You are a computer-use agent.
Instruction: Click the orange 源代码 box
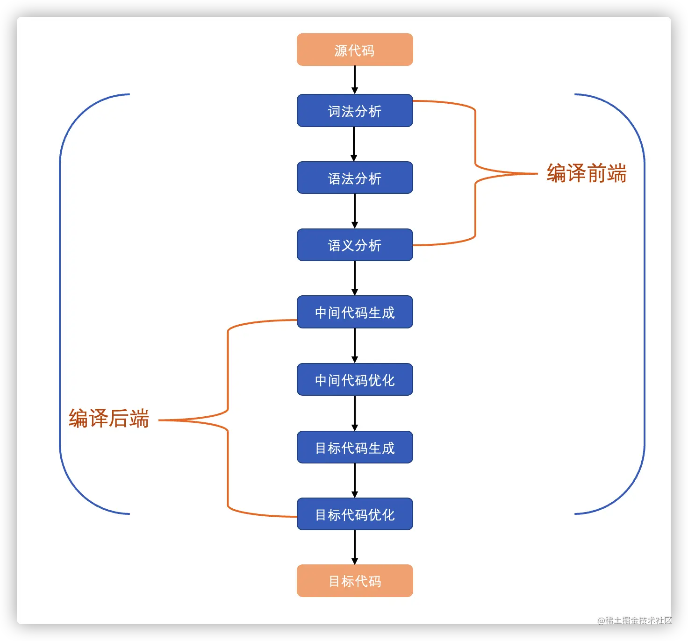coord(355,50)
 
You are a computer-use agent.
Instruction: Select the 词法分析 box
coord(355,111)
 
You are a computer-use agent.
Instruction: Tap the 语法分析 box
coord(355,178)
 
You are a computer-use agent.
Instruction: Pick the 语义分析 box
coord(355,245)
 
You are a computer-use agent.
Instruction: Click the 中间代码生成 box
coord(355,312)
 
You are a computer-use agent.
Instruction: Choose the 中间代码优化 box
coord(355,379)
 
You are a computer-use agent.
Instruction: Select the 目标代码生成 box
coord(355,447)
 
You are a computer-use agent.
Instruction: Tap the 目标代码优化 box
coord(355,514)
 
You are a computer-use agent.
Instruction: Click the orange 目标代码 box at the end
coord(355,581)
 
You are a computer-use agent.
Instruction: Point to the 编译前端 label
coord(586,173)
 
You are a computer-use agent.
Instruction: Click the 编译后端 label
coord(108,418)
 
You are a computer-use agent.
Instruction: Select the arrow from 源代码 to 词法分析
coord(355,80)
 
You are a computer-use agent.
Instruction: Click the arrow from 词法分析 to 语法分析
coord(354,144)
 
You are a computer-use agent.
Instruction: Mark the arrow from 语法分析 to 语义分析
coord(355,211)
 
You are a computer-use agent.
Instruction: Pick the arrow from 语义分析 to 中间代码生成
coord(355,278)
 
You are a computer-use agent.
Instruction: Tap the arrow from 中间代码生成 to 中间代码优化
coord(355,346)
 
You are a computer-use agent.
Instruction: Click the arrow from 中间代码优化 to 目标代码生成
coord(355,413)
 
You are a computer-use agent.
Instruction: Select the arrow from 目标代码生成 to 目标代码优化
coord(355,480)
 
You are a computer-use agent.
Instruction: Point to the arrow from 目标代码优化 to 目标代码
coord(355,547)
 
